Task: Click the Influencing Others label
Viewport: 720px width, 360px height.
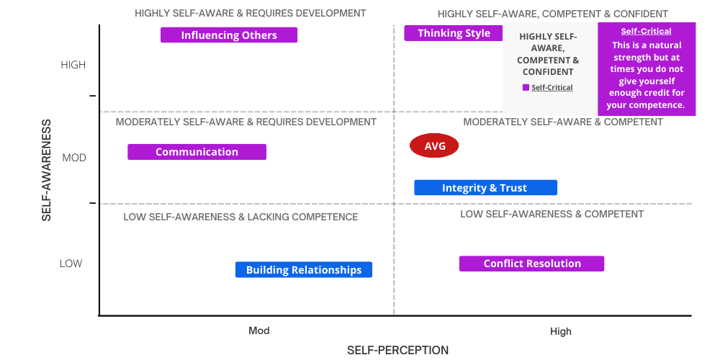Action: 229,35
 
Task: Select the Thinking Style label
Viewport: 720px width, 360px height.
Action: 454,33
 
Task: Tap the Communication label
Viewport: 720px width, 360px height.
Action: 197,152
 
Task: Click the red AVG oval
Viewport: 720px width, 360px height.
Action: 434,146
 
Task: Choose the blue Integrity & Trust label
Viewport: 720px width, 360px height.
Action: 485,188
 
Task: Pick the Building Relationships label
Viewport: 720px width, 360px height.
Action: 303,270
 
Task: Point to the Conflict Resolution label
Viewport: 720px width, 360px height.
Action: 531,264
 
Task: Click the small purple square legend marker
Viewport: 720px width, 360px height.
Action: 526,88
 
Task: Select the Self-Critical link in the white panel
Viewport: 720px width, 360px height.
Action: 552,88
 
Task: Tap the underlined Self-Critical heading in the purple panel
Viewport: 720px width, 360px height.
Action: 646,31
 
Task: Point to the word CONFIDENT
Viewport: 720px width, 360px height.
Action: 548,72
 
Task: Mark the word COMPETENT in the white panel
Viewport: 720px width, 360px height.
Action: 541,60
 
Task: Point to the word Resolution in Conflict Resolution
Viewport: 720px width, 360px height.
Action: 557,264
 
